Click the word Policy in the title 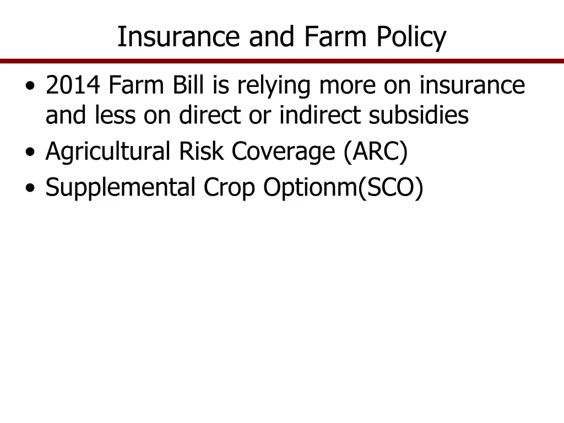coord(411,37)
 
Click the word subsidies coord(419,116)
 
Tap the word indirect coord(320,116)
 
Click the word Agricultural coord(108,153)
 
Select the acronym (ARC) coord(375,153)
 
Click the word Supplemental coord(121,188)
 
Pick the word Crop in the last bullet coord(230,188)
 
